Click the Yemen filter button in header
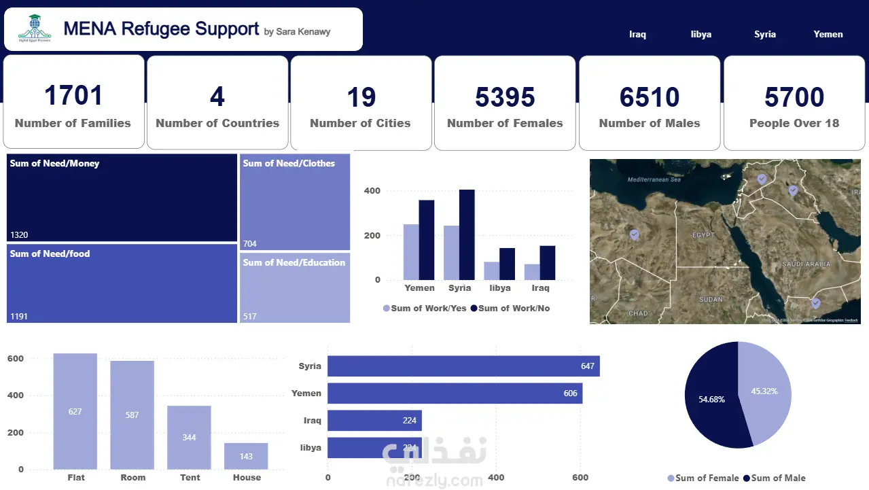(828, 34)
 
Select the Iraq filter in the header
(637, 34)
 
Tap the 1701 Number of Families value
(73, 96)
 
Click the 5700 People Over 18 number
(794, 97)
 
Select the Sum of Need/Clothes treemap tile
(295, 200)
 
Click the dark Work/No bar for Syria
(467, 234)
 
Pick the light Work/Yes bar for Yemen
(411, 251)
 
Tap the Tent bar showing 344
(190, 437)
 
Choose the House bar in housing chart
(246, 456)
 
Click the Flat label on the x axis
(76, 477)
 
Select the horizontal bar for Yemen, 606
(455, 393)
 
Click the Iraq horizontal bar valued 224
(374, 421)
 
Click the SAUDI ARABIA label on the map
(806, 264)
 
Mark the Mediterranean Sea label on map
(654, 179)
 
